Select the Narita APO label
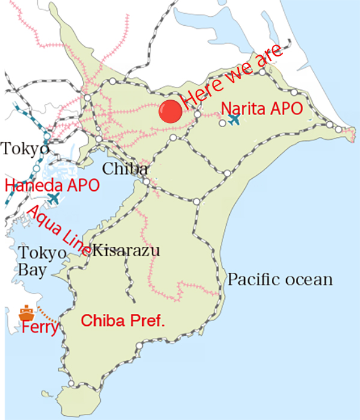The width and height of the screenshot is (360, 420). pos(262,108)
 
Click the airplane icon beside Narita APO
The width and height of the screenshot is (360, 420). pos(234,119)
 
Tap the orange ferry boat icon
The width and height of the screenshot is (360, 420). pos(26,313)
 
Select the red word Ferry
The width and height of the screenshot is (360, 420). pos(40,328)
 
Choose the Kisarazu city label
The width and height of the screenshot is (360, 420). pos(127,250)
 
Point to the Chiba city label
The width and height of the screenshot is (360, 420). pos(125,169)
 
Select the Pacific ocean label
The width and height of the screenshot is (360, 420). pos(280,280)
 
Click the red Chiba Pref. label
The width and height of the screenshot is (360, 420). pos(123,321)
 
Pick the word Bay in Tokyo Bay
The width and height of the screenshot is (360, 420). pos(32,271)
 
